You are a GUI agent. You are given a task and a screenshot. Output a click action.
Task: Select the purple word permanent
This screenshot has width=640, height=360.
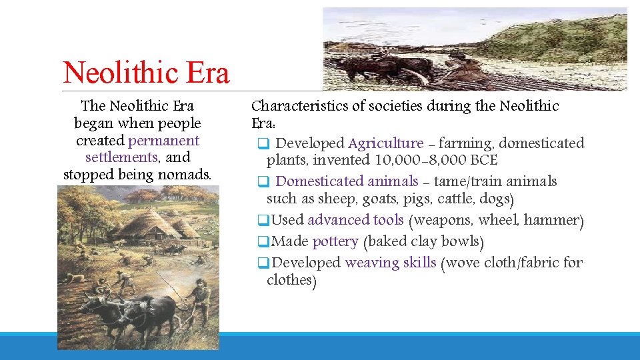(x=164, y=141)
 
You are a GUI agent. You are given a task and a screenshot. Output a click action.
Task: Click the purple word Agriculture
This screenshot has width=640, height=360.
(x=385, y=143)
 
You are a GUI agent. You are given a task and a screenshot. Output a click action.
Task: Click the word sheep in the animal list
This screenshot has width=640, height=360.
(x=320, y=199)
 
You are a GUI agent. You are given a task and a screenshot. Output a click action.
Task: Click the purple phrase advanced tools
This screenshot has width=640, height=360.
(x=355, y=220)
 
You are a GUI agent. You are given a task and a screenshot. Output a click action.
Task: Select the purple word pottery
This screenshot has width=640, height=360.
(x=335, y=241)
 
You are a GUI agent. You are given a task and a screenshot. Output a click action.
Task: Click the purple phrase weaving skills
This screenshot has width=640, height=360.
(x=390, y=263)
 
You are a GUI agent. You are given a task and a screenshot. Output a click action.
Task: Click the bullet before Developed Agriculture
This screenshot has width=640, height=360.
(x=263, y=143)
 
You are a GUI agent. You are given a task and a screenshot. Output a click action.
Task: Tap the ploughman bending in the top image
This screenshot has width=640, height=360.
(x=460, y=67)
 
